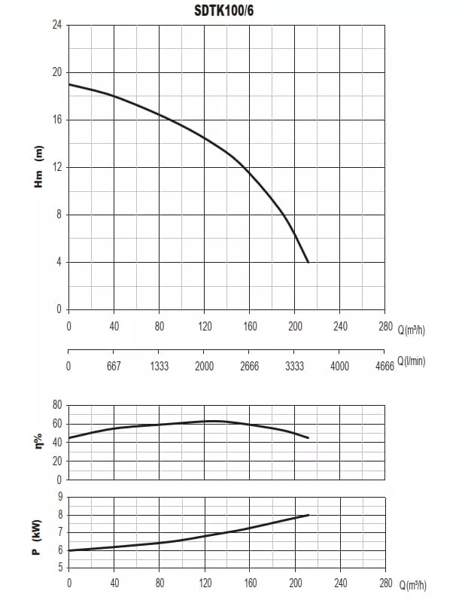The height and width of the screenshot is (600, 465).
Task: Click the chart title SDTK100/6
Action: (x=223, y=11)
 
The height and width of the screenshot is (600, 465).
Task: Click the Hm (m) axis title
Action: (x=38, y=166)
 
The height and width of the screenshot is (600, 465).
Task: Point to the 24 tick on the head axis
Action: (x=57, y=25)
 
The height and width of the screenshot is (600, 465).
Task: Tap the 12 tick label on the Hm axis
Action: (x=57, y=167)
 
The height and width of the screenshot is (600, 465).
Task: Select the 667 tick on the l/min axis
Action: (x=114, y=366)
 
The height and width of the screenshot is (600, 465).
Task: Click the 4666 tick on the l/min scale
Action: (x=384, y=366)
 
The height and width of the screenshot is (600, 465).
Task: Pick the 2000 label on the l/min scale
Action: (x=204, y=366)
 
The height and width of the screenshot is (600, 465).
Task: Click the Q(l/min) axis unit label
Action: (x=412, y=361)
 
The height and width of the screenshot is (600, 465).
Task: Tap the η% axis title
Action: (x=38, y=441)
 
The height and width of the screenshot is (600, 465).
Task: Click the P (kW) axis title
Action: (x=37, y=538)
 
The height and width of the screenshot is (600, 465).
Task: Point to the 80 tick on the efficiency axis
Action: (x=57, y=405)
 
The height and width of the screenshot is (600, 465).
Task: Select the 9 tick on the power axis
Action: (x=60, y=497)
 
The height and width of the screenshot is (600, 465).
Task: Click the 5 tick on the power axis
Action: (x=60, y=568)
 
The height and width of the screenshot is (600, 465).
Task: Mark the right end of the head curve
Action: (x=308, y=262)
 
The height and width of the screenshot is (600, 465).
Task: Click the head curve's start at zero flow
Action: (x=68, y=84)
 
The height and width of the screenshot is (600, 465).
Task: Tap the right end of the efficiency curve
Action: (x=308, y=437)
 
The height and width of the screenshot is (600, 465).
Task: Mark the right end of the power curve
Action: (x=308, y=515)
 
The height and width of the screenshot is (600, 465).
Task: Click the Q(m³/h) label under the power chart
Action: (x=412, y=585)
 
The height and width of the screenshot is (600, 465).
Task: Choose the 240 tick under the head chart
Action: (x=340, y=327)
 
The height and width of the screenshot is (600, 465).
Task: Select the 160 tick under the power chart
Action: (x=250, y=583)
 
